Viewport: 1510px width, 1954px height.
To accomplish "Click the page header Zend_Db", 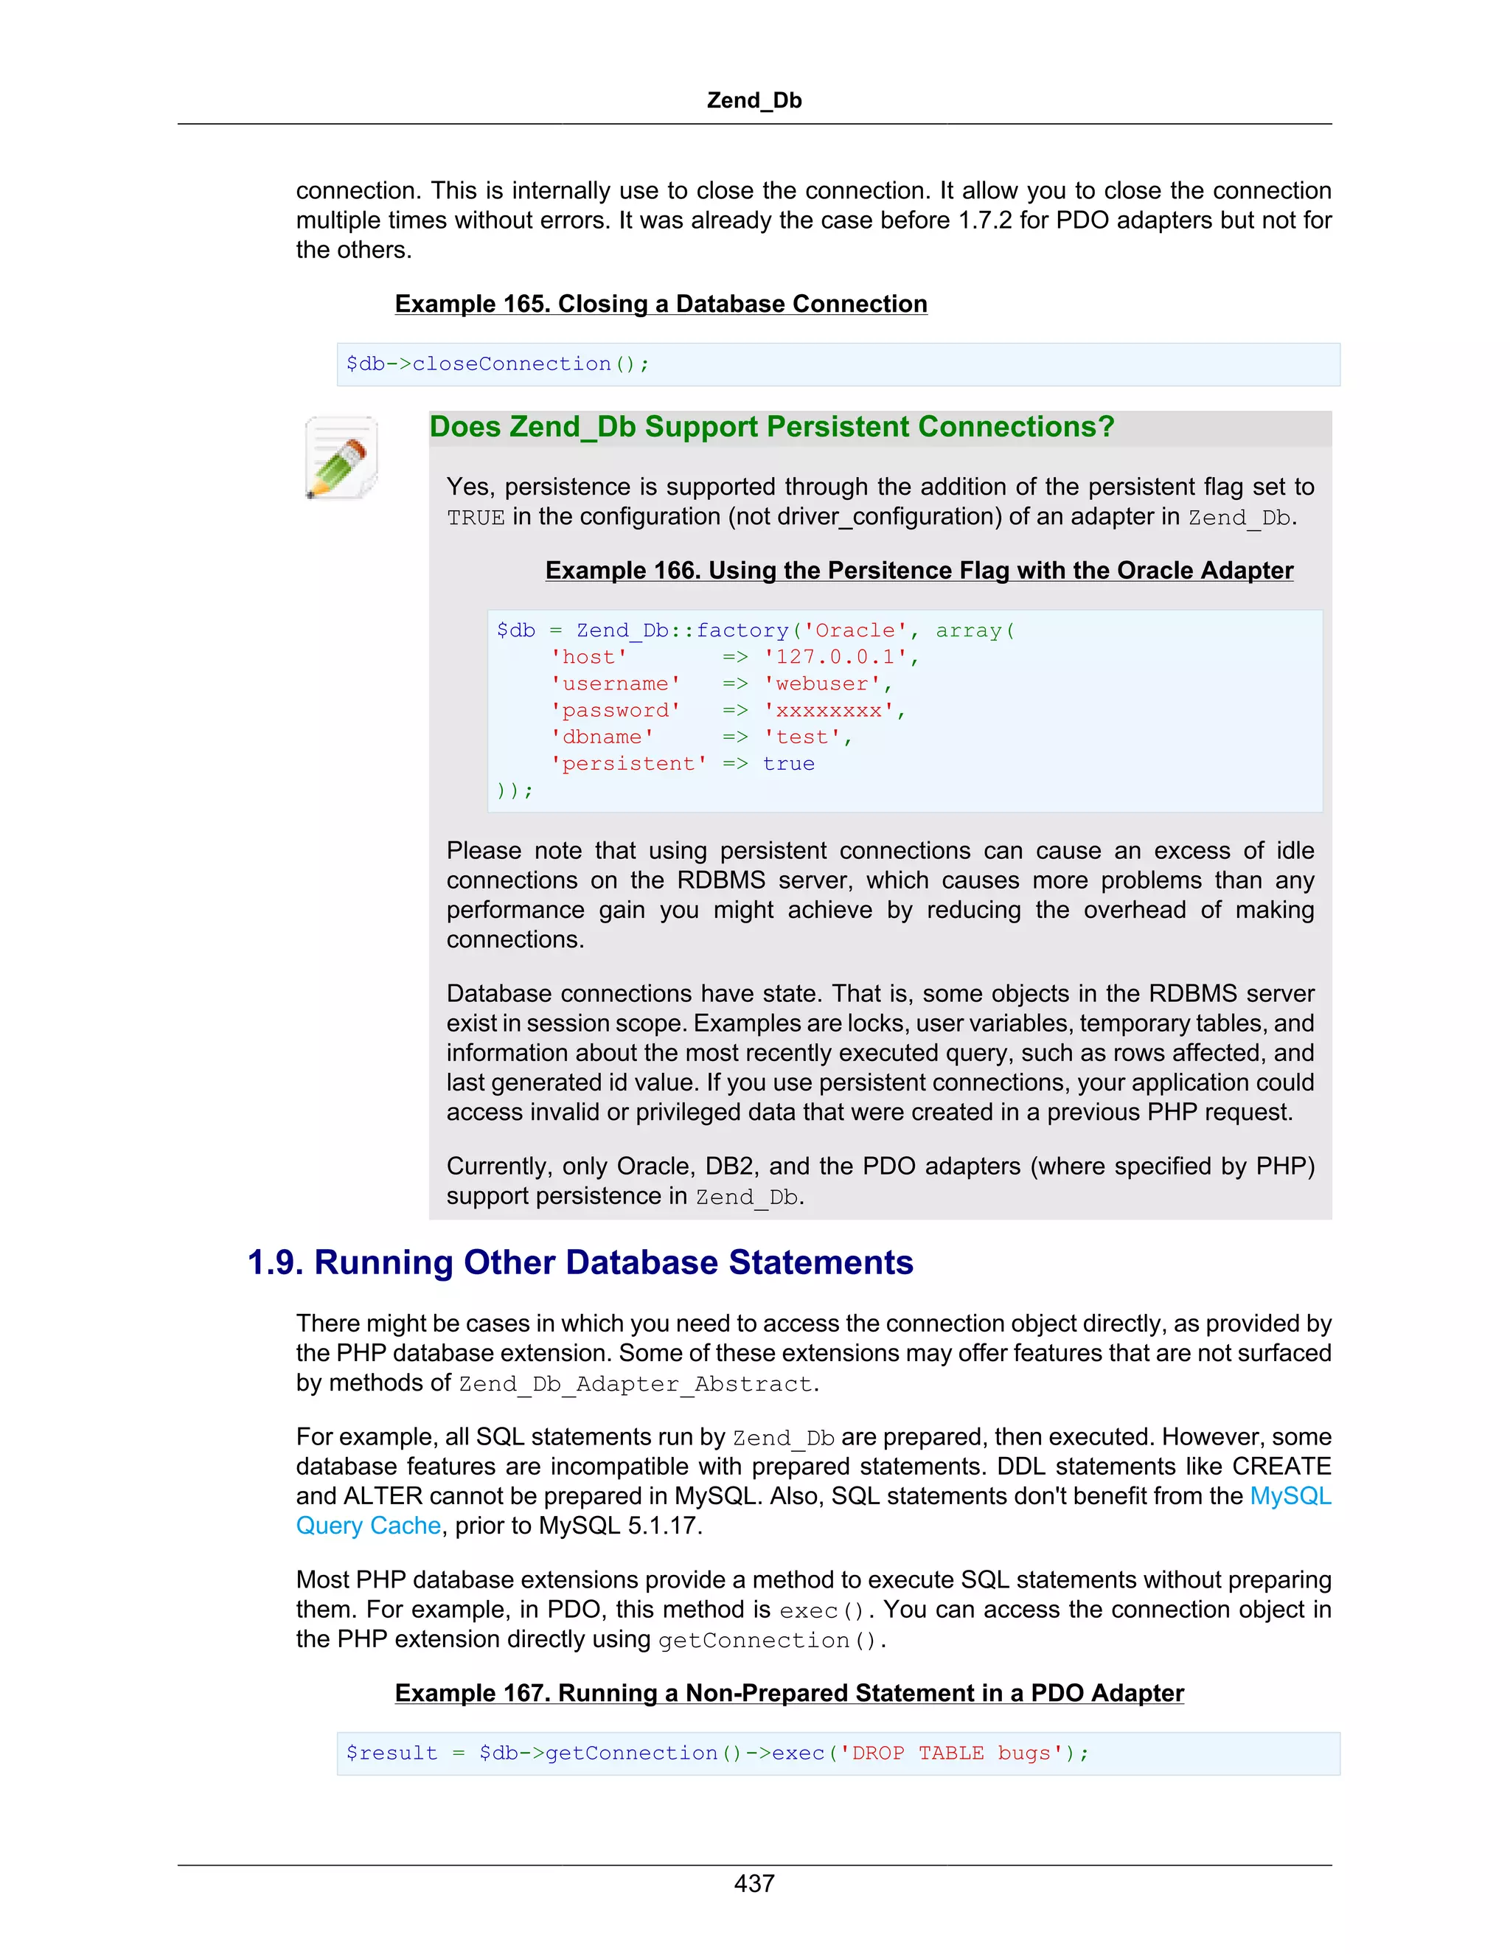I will pos(754,100).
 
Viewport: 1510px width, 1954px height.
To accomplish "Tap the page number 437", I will pos(754,1882).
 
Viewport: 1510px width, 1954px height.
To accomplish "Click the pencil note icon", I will pos(341,457).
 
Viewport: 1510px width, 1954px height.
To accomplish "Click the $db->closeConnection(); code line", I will pos(498,364).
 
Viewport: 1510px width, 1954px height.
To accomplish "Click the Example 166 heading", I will pos(919,571).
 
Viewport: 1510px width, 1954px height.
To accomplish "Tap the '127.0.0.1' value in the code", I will pos(835,658).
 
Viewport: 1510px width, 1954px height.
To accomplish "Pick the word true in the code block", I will pos(788,764).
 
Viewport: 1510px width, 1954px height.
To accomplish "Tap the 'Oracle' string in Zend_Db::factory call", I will pos(855,630).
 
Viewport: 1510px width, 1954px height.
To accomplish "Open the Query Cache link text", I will pos(369,1526).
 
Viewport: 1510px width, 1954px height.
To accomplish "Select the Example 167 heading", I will pos(789,1694).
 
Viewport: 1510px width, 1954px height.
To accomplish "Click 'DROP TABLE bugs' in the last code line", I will pos(951,1753).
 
